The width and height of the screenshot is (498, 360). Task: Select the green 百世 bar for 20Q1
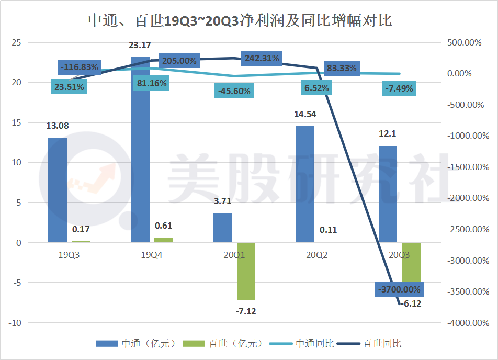coord(246,271)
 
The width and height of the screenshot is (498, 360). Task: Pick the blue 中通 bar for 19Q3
coord(58,190)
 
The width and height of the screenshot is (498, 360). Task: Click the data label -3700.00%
coord(398,289)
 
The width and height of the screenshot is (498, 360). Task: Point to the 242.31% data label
coord(261,58)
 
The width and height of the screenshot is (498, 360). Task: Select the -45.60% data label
coord(233,91)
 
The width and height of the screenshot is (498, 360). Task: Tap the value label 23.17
coord(140,46)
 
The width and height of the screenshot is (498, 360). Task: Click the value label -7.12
coord(246,311)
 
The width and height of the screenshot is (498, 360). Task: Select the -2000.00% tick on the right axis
coord(464,198)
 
